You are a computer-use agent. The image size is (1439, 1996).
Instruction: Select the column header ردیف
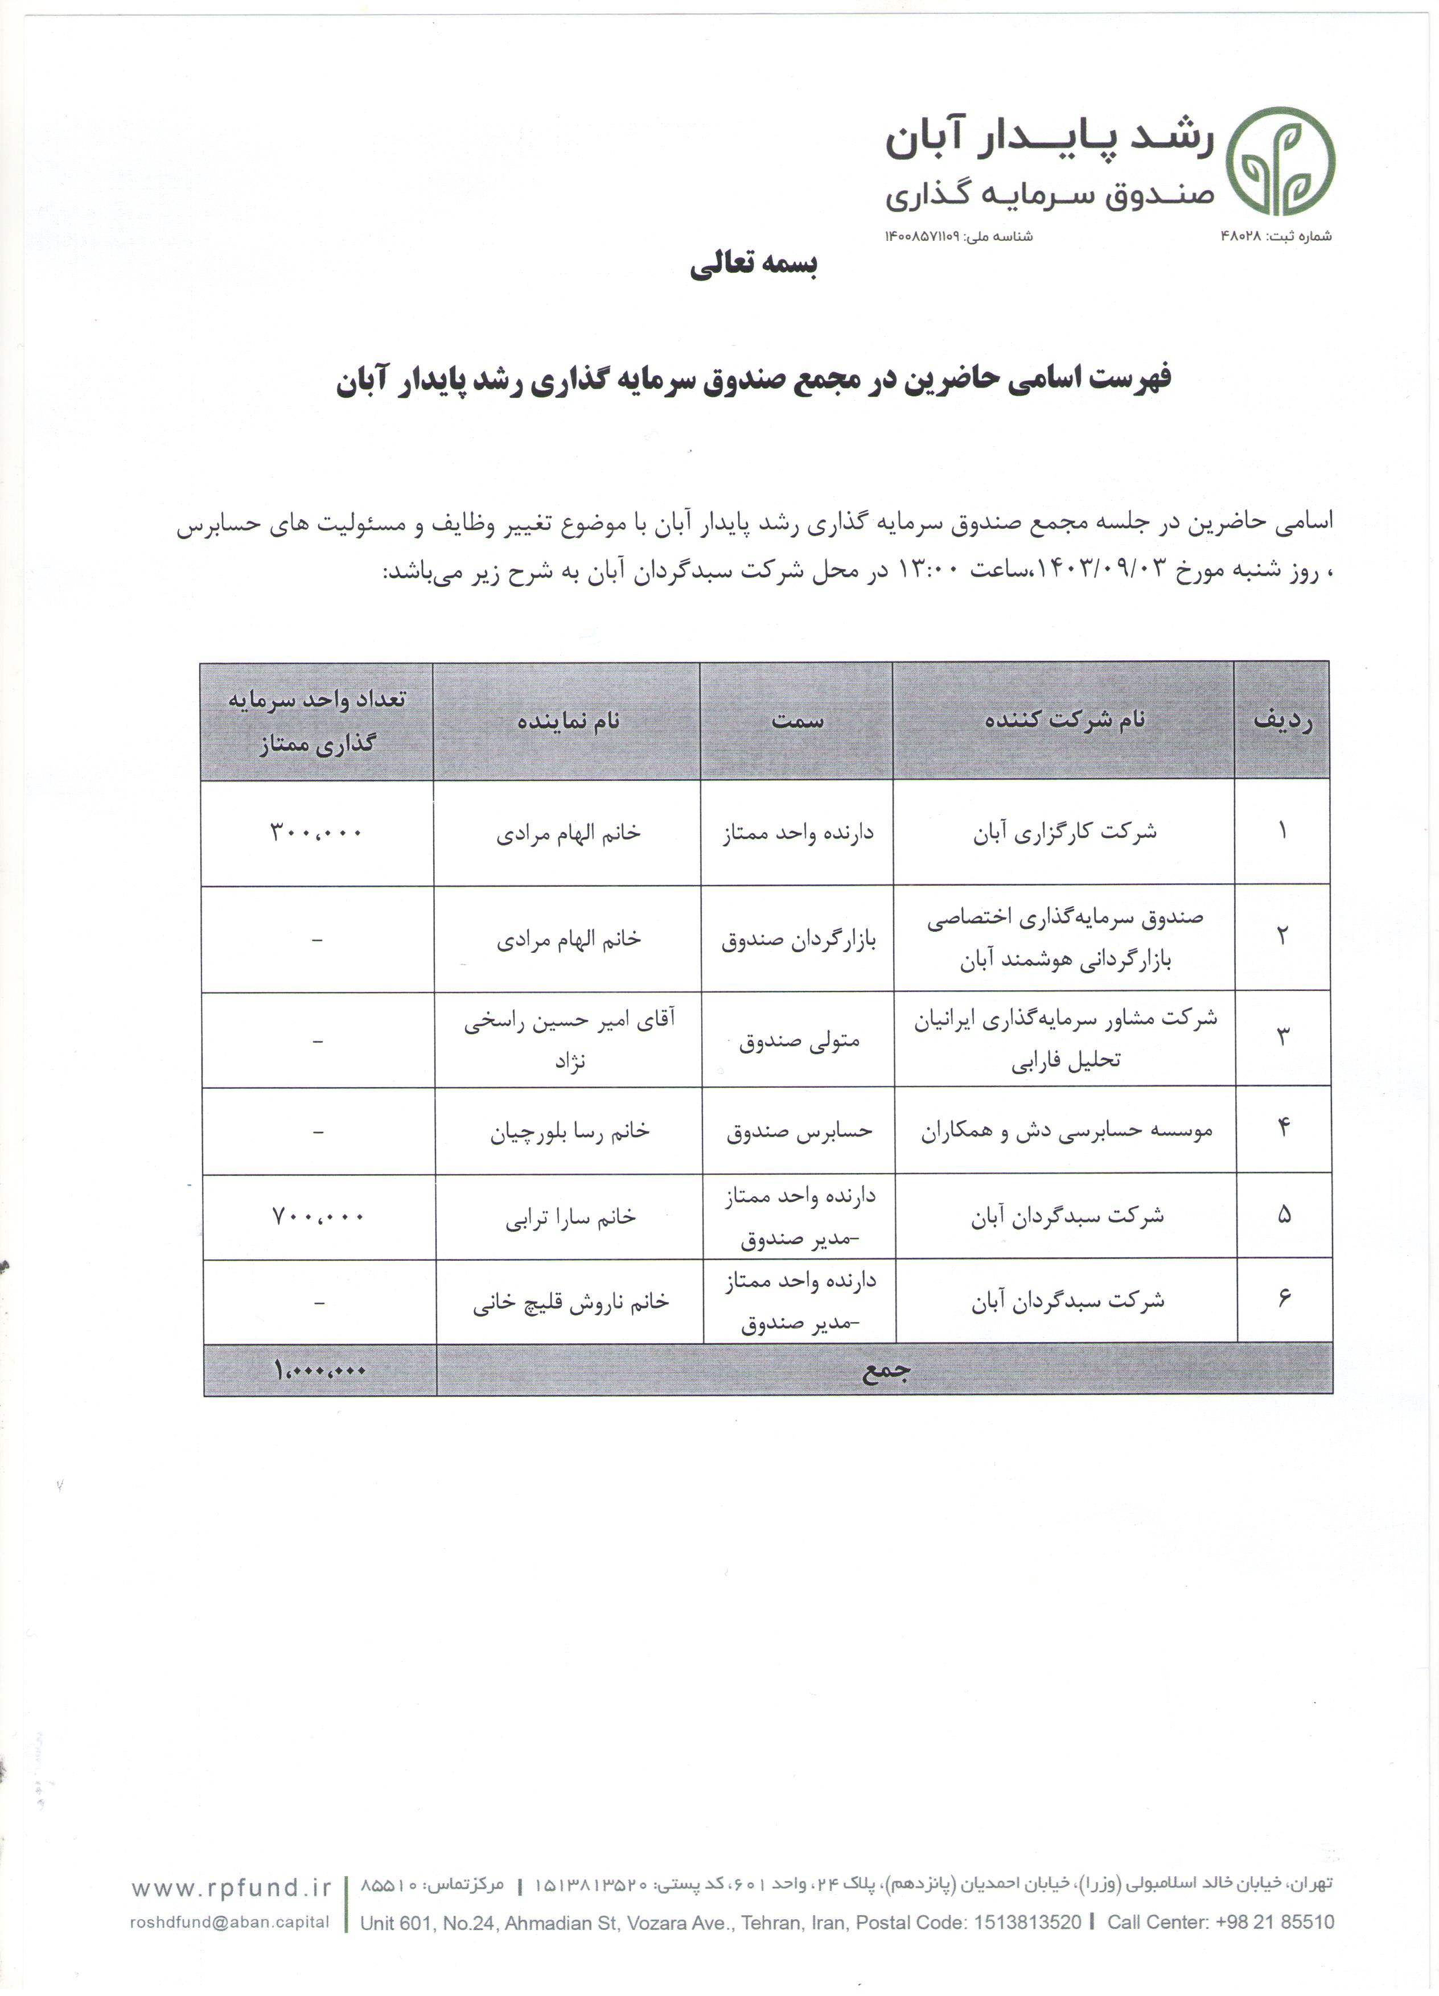click(x=1282, y=721)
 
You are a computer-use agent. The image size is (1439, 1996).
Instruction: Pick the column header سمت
click(x=797, y=721)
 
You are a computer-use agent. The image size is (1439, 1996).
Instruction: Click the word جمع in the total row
click(x=885, y=1371)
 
